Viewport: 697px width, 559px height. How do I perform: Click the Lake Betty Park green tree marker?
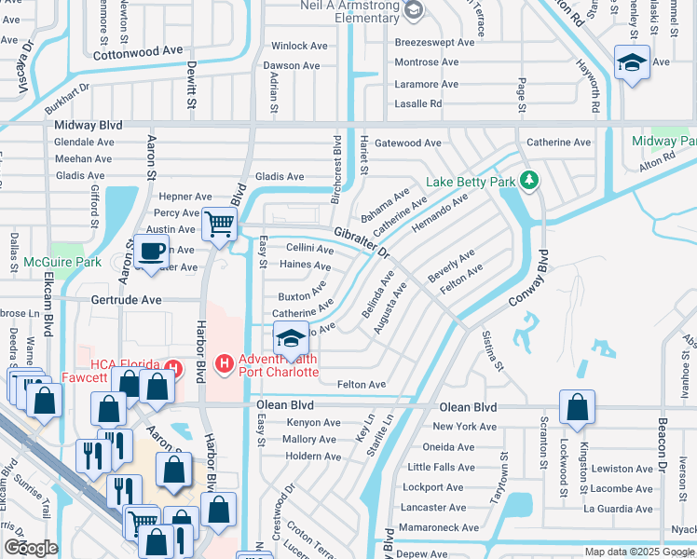coord(529,179)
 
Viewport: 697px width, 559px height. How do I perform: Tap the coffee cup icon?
coord(150,251)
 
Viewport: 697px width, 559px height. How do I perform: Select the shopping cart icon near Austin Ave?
coord(219,224)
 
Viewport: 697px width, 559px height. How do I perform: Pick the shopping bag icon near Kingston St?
coord(578,407)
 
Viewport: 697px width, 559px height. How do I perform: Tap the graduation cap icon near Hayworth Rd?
coord(632,63)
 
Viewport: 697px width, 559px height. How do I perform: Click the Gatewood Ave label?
coord(407,143)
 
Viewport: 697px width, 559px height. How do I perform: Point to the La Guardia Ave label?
coord(617,509)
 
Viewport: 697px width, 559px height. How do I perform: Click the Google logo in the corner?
coord(31,548)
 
